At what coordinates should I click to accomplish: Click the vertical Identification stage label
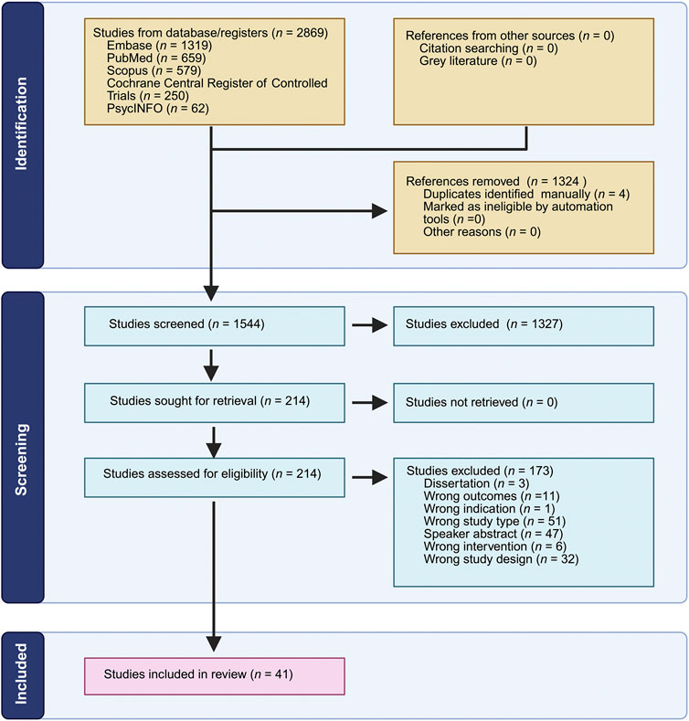click(21, 123)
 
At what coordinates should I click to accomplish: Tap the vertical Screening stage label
click(21, 459)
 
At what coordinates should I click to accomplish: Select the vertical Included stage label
click(21, 673)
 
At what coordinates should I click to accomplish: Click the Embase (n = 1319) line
click(159, 46)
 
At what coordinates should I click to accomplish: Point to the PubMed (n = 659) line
click(156, 58)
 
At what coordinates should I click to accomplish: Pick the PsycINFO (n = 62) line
click(158, 109)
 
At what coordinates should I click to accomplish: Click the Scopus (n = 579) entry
click(154, 70)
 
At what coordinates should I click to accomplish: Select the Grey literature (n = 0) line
click(478, 61)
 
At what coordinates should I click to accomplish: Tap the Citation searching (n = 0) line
click(489, 48)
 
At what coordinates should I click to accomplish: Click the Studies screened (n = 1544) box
click(215, 326)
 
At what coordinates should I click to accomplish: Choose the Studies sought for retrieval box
click(215, 403)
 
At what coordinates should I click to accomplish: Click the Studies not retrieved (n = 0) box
click(524, 403)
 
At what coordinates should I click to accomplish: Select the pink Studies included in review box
click(215, 676)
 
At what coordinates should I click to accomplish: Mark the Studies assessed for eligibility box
click(215, 477)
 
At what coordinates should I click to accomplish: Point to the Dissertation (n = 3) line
click(476, 483)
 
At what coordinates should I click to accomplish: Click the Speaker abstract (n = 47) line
click(493, 534)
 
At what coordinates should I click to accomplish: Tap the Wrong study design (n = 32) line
click(501, 559)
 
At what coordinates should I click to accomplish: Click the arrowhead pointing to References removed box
click(379, 211)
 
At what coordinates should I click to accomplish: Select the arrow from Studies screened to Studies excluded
click(370, 325)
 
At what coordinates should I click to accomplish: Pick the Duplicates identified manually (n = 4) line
click(526, 194)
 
